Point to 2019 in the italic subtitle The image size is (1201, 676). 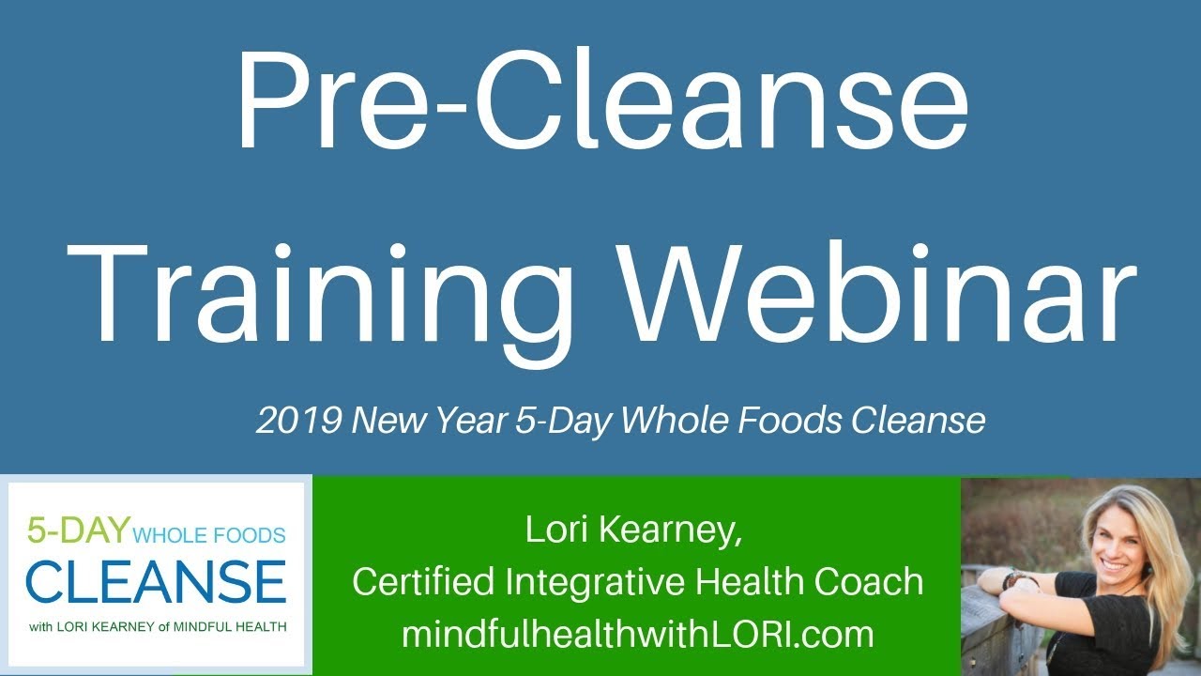pos(298,421)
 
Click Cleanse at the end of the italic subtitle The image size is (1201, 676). pos(918,421)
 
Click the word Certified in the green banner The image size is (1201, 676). pos(423,582)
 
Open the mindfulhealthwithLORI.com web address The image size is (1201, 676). pos(637,635)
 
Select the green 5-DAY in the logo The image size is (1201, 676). pos(78,530)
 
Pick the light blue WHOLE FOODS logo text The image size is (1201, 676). pos(209,536)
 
